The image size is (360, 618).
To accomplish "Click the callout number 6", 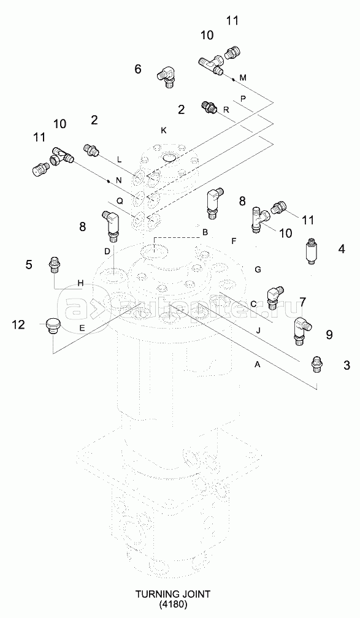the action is click(137, 69).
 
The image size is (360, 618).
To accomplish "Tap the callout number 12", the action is click(18, 325).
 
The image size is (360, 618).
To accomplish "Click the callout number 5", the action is click(29, 264).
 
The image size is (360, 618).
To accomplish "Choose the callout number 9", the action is click(329, 335).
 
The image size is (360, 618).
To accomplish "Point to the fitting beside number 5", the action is click(55, 264).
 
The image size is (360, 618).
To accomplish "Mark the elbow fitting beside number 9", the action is click(302, 329).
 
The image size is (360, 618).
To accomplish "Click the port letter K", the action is click(163, 130).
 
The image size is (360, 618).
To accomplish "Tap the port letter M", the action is click(243, 78).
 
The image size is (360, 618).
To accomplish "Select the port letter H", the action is click(80, 283).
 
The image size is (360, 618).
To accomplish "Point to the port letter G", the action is click(258, 270).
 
